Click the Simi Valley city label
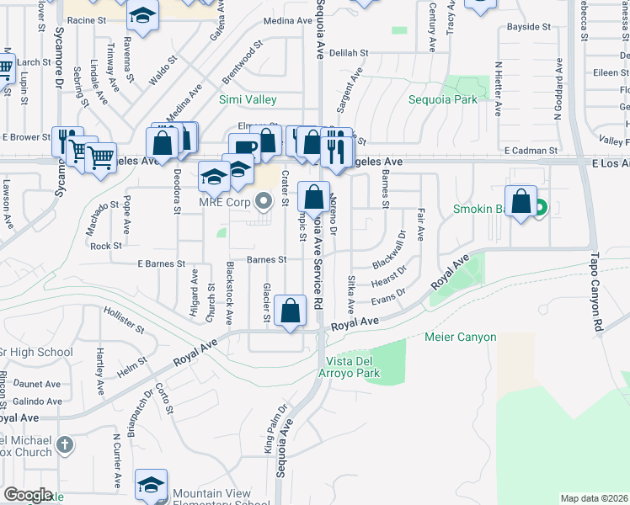pyautogui.click(x=248, y=99)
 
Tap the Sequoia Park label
pyautogui.click(x=443, y=99)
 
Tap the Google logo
pyautogui.click(x=28, y=495)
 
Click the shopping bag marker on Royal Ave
pyautogui.click(x=291, y=311)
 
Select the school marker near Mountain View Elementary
pyautogui.click(x=151, y=485)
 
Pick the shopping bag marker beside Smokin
pyautogui.click(x=521, y=202)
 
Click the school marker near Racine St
pyautogui.click(x=142, y=15)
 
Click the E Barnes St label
pyautogui.click(x=161, y=263)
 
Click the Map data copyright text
pyautogui.click(x=594, y=498)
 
